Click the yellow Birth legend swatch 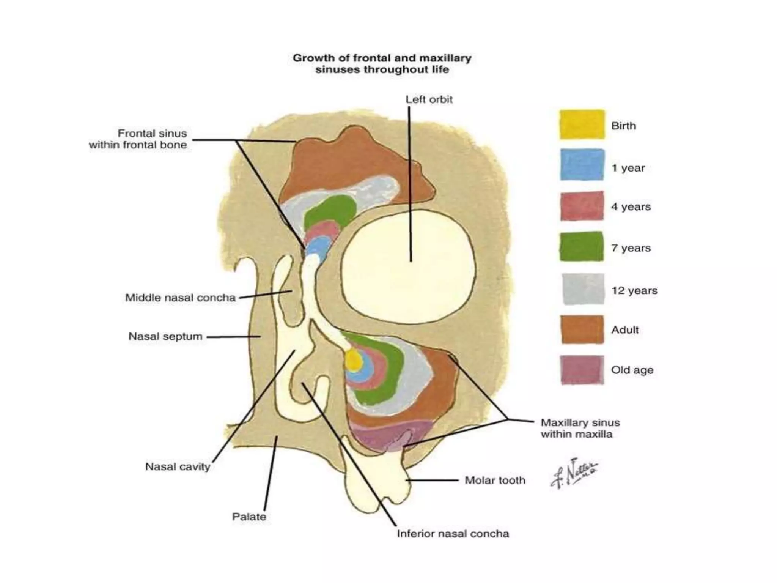click(x=582, y=124)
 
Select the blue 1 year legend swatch click(x=582, y=165)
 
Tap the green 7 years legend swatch click(x=582, y=246)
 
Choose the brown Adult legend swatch click(x=582, y=329)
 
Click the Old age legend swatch click(x=582, y=370)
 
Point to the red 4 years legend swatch click(x=582, y=206)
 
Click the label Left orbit click(x=429, y=99)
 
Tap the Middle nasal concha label click(x=181, y=298)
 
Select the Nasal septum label click(x=165, y=337)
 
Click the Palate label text click(x=249, y=517)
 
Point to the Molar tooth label click(x=495, y=481)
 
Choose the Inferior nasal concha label click(x=453, y=534)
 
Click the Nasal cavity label click(x=178, y=467)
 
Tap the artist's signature click(x=574, y=474)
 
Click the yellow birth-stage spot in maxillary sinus click(x=353, y=360)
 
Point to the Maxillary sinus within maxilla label click(x=580, y=429)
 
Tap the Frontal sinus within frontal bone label click(x=138, y=139)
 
